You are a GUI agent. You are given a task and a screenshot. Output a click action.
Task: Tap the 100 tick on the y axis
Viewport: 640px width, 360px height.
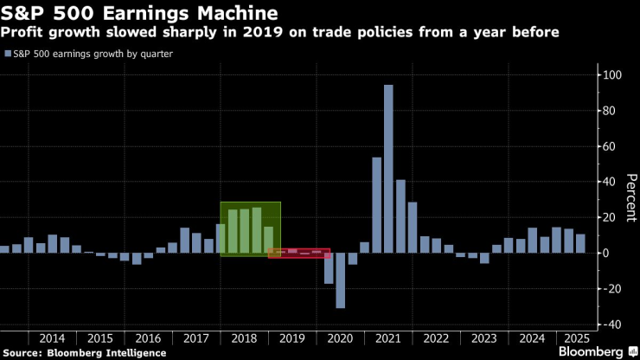click(x=612, y=75)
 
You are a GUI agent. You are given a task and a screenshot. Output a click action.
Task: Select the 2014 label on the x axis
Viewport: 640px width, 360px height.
click(x=52, y=338)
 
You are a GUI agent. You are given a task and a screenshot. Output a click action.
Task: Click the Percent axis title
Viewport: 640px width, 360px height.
click(x=631, y=199)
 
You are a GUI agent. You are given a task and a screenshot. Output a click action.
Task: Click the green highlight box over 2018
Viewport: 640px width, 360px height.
click(x=250, y=228)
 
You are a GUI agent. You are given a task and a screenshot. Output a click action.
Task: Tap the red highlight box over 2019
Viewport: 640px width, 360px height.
click(x=298, y=253)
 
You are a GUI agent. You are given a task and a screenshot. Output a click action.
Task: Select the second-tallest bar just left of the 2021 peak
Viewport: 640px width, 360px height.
click(x=376, y=205)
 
